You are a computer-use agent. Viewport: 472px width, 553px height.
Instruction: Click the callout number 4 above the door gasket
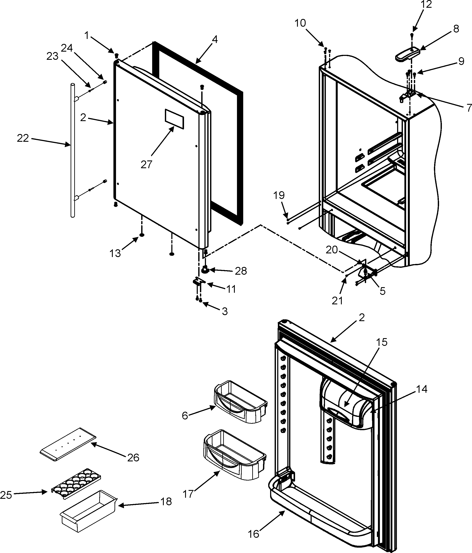215,40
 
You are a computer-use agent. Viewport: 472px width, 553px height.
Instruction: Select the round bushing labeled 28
205,270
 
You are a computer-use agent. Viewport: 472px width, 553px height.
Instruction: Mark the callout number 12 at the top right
426,5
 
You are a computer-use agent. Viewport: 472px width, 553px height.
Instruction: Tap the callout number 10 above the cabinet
300,23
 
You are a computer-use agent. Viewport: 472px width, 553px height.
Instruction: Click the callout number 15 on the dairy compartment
382,342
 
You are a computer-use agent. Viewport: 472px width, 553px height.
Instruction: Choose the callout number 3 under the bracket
225,311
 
